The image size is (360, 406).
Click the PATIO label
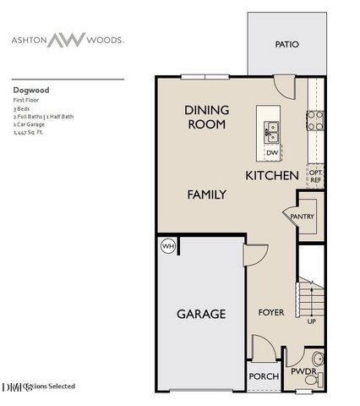coord(287,45)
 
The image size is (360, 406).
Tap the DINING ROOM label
coord(205,117)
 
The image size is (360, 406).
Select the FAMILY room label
coord(206,195)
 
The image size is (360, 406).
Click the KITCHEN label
coord(271,176)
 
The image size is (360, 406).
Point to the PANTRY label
coord(302,217)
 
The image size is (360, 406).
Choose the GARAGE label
coord(200,314)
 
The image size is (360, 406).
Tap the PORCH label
coord(262,377)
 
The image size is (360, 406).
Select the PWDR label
coord(303,370)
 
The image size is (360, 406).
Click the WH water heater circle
coord(167,246)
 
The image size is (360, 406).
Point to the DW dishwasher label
coord(272,152)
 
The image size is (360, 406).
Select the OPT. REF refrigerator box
coord(314,175)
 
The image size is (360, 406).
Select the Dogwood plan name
coord(30,86)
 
